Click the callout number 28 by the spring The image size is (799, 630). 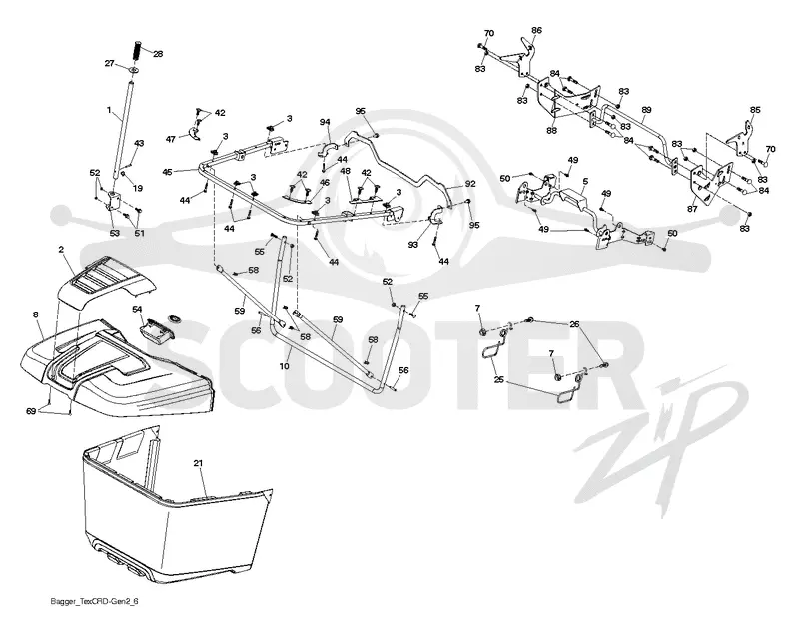pyautogui.click(x=158, y=54)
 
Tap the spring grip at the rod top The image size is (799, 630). pyautogui.click(x=138, y=50)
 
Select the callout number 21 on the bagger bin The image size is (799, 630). pyautogui.click(x=198, y=463)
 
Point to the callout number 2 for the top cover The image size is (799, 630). pyautogui.click(x=61, y=249)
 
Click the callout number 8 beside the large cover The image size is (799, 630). pyautogui.click(x=35, y=315)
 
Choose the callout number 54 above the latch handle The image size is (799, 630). pyautogui.click(x=137, y=310)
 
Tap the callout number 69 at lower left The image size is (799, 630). pyautogui.click(x=31, y=411)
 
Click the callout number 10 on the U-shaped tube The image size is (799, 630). pyautogui.click(x=284, y=366)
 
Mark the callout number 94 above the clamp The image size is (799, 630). pyautogui.click(x=325, y=122)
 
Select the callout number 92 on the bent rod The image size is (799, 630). pyautogui.click(x=470, y=184)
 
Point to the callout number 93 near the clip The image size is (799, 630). pyautogui.click(x=412, y=245)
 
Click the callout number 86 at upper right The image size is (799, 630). pyautogui.click(x=536, y=31)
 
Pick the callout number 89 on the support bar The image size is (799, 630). pyautogui.click(x=646, y=110)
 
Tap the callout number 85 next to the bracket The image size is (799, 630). pyautogui.click(x=755, y=110)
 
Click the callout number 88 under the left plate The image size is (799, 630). pyautogui.click(x=551, y=131)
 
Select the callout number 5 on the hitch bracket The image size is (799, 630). pyautogui.click(x=585, y=181)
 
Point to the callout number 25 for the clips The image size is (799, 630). pyautogui.click(x=498, y=380)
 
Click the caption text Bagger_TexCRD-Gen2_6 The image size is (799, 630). pyautogui.click(x=94, y=601)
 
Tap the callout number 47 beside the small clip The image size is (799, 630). pyautogui.click(x=171, y=139)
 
